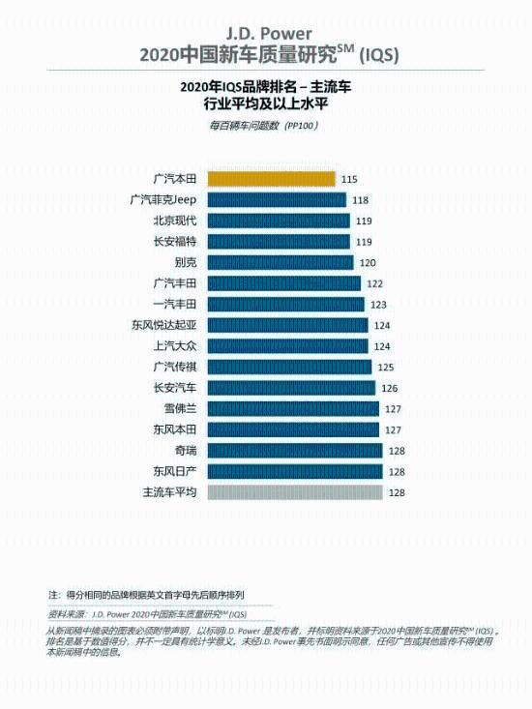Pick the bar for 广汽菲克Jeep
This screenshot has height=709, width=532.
(275, 199)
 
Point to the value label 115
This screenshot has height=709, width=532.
(349, 179)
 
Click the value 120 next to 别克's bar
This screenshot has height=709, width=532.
(368, 263)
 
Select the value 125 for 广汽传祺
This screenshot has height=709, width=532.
(386, 368)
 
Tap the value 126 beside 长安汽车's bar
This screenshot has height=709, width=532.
(390, 388)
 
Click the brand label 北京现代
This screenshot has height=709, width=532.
(175, 221)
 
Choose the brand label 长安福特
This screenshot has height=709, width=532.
(175, 241)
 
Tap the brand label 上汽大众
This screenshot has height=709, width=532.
(175, 345)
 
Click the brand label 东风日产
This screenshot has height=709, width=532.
(175, 471)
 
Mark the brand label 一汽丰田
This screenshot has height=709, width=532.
(175, 304)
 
